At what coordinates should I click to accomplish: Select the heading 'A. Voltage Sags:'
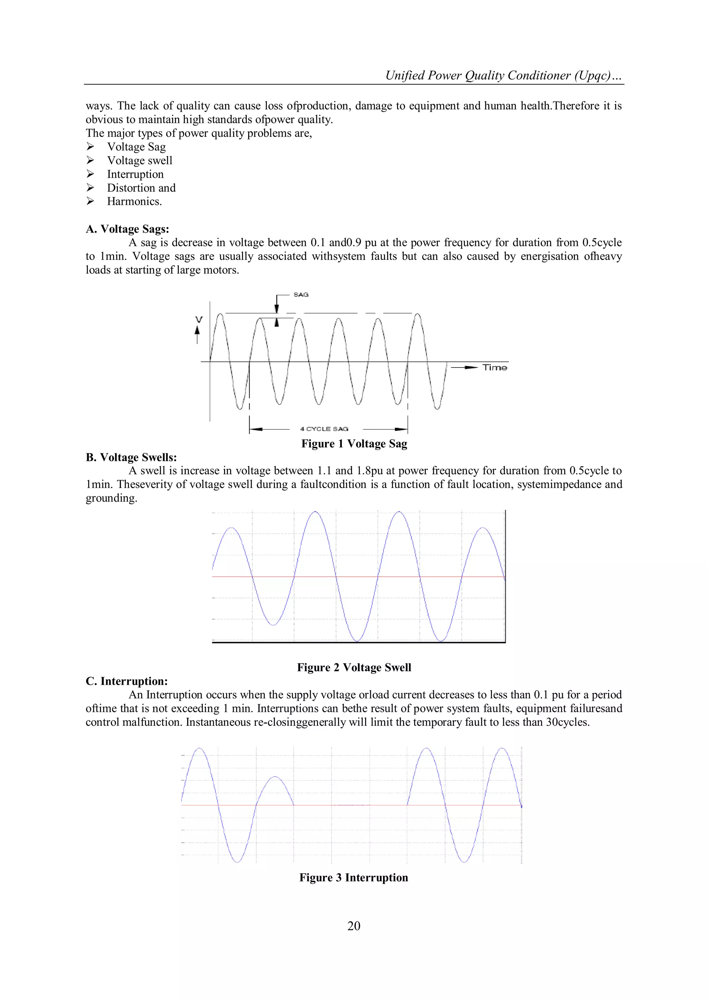[127, 229]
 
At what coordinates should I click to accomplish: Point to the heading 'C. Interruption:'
[127, 681]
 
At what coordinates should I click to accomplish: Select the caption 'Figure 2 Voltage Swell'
[354, 667]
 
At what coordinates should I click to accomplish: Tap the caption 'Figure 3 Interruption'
[354, 878]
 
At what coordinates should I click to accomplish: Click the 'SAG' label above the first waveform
[301, 295]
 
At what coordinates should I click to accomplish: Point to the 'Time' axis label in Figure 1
[494, 368]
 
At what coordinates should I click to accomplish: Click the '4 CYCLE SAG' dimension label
[324, 429]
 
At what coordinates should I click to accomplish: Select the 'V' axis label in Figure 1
[199, 319]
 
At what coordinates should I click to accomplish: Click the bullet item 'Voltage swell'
[140, 160]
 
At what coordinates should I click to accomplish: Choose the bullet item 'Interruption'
[135, 174]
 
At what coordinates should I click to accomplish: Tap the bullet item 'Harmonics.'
[134, 202]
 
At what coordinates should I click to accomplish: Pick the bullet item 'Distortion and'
[141, 188]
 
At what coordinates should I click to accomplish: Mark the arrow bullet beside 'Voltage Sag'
[90, 147]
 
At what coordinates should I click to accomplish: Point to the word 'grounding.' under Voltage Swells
[111, 498]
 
